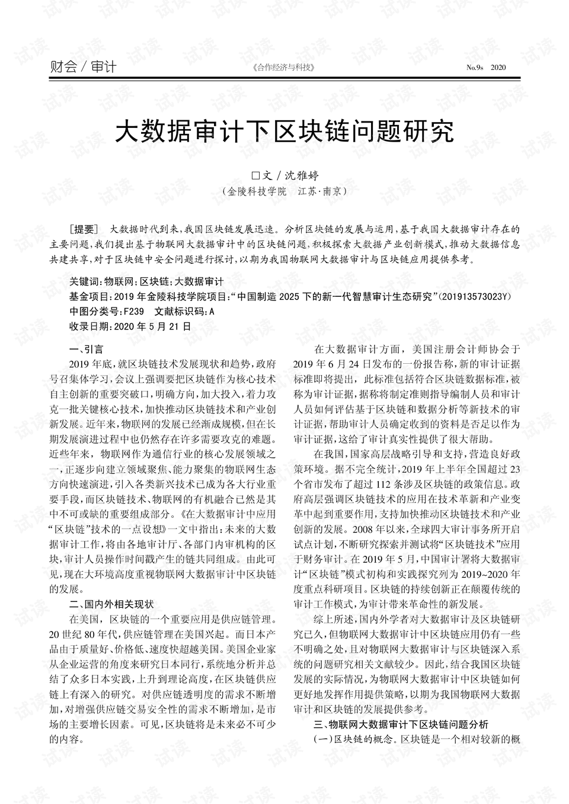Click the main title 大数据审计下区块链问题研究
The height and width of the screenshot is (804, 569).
[x=284, y=132]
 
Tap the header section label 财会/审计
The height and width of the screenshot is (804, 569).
[x=83, y=67]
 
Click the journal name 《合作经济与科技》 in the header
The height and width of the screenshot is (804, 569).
[x=283, y=68]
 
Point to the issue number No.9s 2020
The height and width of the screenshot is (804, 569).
[x=486, y=68]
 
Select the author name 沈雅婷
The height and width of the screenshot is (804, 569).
[x=302, y=175]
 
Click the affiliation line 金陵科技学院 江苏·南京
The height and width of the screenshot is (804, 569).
[x=284, y=192]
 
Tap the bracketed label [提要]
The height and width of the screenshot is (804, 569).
[x=82, y=229]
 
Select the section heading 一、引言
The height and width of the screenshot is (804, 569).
[x=86, y=349]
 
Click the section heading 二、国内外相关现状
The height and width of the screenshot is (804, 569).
[x=111, y=604]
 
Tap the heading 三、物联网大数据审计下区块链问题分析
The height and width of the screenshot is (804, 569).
[x=401, y=724]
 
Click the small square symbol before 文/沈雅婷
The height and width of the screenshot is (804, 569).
[x=256, y=176]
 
